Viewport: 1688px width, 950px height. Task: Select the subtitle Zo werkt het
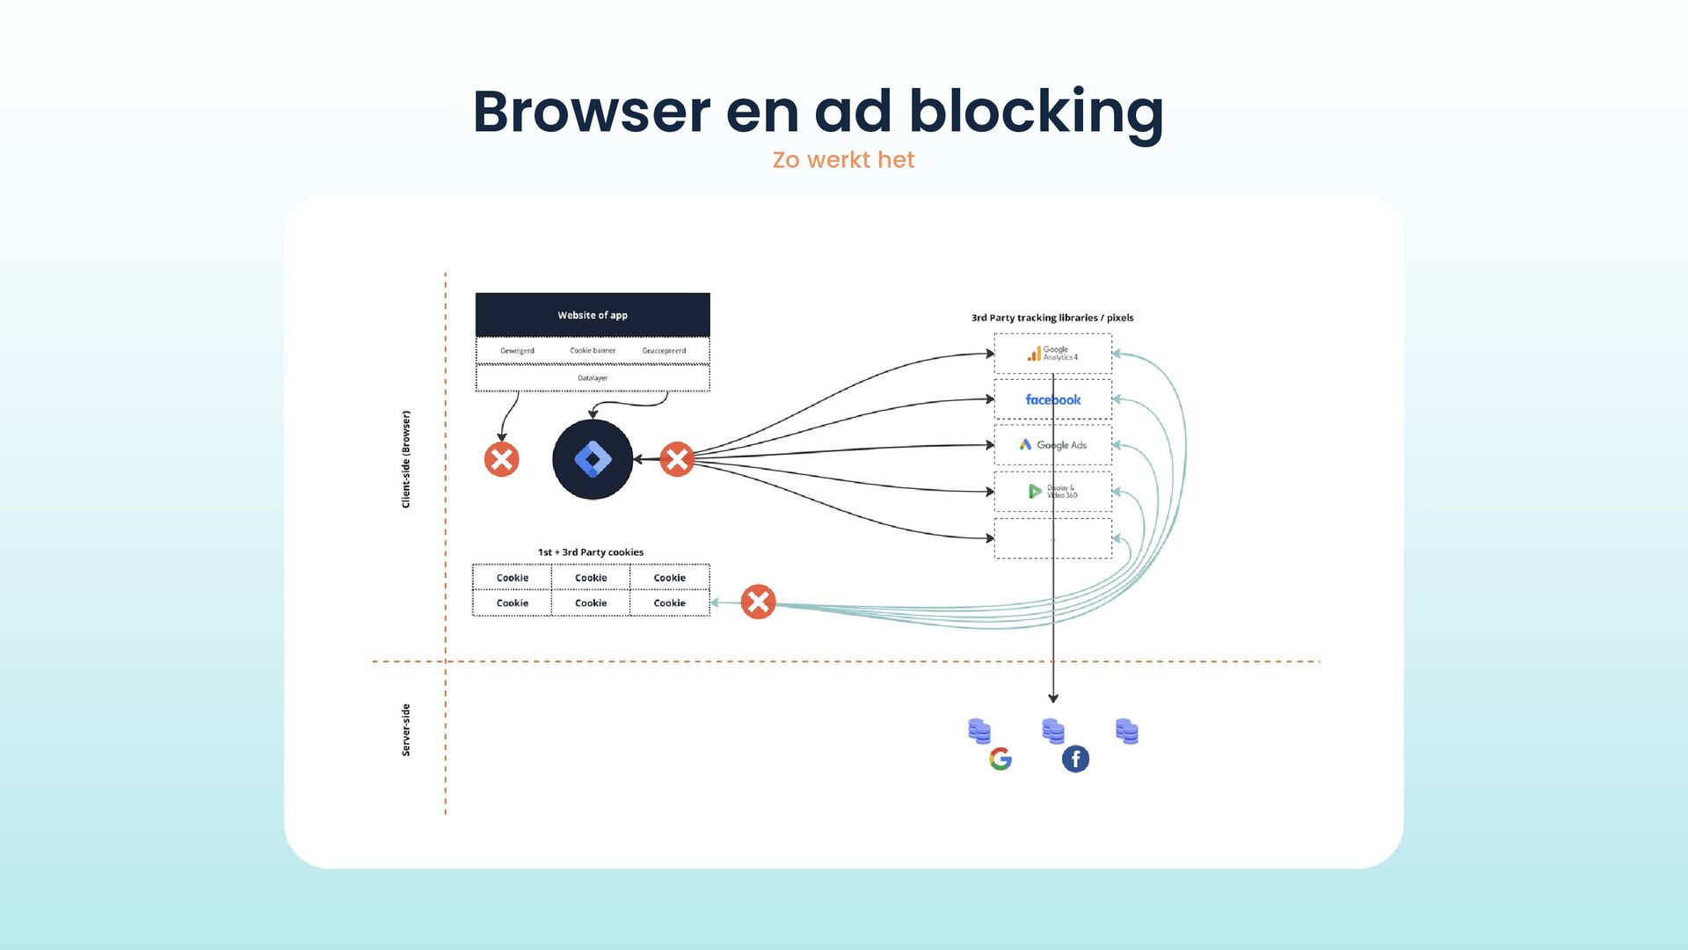click(843, 160)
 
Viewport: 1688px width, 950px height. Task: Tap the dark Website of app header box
click(593, 315)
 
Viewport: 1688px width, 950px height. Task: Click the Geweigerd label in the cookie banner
click(517, 351)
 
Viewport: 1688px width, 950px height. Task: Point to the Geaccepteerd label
click(664, 351)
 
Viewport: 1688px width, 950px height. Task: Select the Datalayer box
click(593, 378)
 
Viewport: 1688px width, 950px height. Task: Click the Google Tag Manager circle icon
click(593, 459)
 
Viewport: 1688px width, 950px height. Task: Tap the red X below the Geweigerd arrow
click(502, 459)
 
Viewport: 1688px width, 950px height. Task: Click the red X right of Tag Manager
click(677, 459)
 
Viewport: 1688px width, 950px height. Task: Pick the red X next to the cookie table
click(758, 603)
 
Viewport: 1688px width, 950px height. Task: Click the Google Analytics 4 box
click(1052, 354)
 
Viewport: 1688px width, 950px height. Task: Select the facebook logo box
click(1052, 399)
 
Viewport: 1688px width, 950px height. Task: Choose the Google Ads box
click(1052, 445)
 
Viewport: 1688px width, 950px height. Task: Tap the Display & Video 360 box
click(1052, 491)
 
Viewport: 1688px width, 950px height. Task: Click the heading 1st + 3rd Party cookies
click(591, 552)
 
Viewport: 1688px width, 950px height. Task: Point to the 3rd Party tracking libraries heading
click(1052, 318)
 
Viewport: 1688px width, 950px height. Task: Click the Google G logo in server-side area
click(1000, 759)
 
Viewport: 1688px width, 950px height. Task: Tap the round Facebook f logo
click(1075, 759)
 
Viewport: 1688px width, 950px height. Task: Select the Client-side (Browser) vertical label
click(406, 459)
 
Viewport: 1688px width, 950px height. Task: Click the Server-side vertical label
click(406, 730)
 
